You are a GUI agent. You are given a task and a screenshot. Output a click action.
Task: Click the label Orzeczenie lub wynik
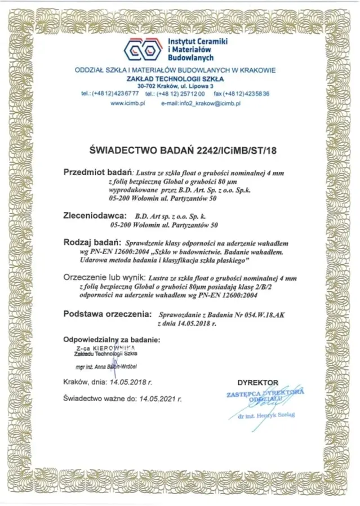(105, 278)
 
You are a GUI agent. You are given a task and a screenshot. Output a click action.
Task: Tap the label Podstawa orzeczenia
(107, 313)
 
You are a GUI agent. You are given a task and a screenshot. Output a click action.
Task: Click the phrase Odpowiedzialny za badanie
(112, 340)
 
